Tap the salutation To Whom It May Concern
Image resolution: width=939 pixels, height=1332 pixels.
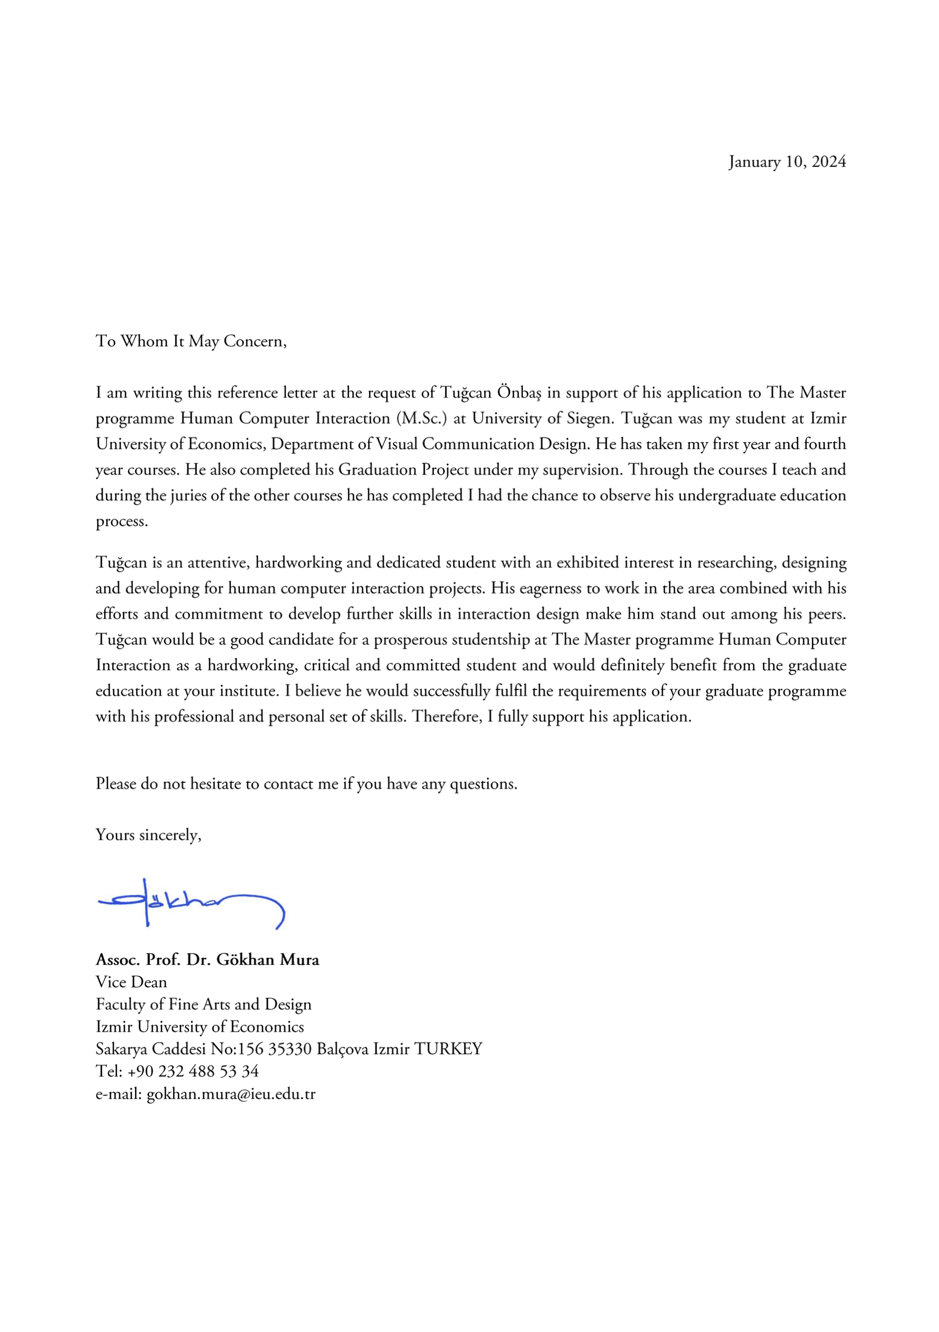click(191, 341)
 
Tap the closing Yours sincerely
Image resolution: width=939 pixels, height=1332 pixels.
click(148, 835)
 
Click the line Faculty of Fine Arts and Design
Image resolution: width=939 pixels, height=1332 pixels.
click(203, 1004)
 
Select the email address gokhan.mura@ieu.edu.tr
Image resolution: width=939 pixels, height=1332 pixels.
click(230, 1094)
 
